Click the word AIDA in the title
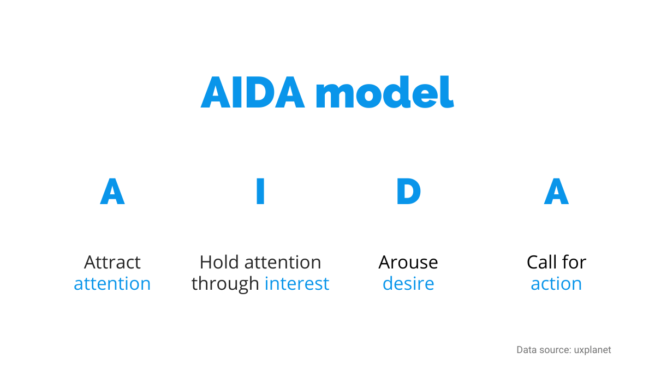click(x=253, y=92)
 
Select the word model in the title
click(x=385, y=92)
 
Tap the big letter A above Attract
click(x=112, y=191)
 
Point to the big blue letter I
click(x=260, y=191)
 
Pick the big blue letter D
click(x=408, y=191)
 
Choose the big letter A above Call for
click(x=556, y=191)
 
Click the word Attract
click(x=112, y=262)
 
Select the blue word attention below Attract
click(x=112, y=284)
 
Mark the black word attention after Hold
click(x=283, y=262)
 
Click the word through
click(x=225, y=284)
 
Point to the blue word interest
click(x=297, y=284)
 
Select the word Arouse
click(x=408, y=262)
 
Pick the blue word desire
click(x=408, y=284)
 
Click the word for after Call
click(x=574, y=262)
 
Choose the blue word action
click(x=556, y=284)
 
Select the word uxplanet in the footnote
click(x=592, y=350)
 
